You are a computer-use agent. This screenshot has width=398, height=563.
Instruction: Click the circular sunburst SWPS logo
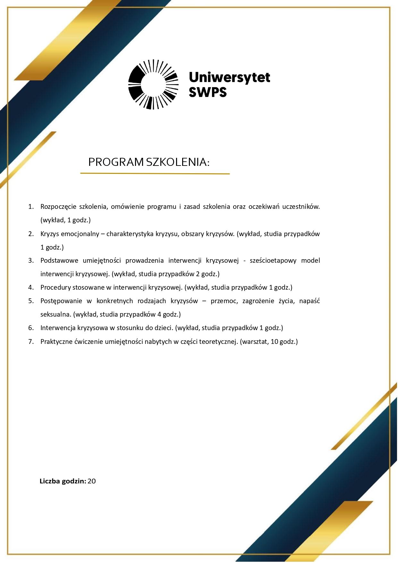[x=153, y=84]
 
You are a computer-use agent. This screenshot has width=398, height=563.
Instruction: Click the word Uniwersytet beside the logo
[x=229, y=77]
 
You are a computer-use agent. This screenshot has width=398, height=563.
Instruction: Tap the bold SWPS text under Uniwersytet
[x=207, y=92]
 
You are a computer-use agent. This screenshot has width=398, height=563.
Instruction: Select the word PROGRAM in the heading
[x=116, y=162]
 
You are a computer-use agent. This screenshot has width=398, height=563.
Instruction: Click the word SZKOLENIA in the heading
[x=176, y=162]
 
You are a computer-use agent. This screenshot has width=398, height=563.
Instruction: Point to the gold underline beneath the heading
[x=155, y=174]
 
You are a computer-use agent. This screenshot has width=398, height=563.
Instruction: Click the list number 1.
[x=31, y=207]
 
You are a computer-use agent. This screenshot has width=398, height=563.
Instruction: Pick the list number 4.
[x=31, y=287]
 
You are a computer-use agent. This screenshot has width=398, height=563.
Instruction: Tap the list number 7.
[x=31, y=342]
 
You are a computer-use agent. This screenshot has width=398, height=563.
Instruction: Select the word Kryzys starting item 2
[x=50, y=234]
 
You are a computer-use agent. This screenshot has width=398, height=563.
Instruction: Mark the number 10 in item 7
[x=274, y=342]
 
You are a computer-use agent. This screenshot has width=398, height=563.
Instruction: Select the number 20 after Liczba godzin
[x=91, y=481]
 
